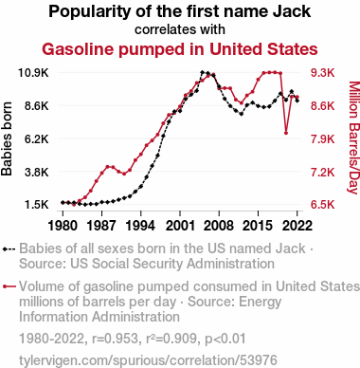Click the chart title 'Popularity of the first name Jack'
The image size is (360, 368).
[180, 11]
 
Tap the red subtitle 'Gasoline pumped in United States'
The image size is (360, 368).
[180, 49]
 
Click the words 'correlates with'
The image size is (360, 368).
[180, 29]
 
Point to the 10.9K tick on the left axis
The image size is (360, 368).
[33, 73]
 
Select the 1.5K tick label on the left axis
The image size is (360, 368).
[37, 205]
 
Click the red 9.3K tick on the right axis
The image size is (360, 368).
[322, 73]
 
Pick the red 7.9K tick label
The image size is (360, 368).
[322, 138]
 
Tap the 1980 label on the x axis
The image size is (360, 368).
[63, 226]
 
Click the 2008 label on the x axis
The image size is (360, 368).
[219, 226]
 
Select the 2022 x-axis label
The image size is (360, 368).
[297, 226]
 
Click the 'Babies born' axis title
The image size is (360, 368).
[7, 138]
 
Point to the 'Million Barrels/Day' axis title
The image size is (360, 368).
[353, 138]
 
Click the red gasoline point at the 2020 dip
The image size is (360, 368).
[286, 133]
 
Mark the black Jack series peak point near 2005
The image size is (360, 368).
[202, 72]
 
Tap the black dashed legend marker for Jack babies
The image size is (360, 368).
[9, 248]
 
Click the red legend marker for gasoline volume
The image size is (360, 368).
[9, 286]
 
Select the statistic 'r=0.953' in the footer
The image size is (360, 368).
[115, 339]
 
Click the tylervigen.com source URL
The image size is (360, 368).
[148, 360]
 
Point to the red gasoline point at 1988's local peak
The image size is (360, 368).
[107, 166]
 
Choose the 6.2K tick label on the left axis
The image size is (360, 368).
[37, 138]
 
